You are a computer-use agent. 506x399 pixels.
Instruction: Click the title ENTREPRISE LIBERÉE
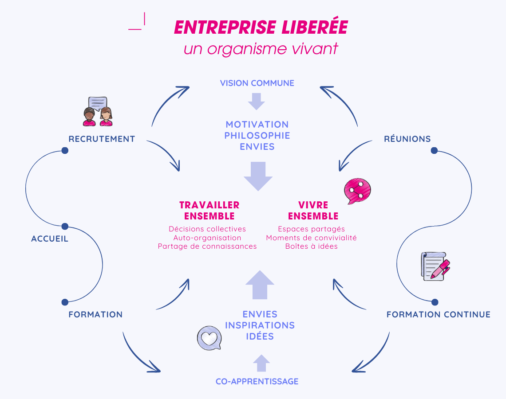point(261,27)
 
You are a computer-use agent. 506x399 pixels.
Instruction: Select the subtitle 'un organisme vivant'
point(261,48)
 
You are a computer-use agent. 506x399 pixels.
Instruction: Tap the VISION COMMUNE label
point(257,83)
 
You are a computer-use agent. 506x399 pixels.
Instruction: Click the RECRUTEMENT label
point(102,139)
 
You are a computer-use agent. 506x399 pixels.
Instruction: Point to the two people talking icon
point(98,112)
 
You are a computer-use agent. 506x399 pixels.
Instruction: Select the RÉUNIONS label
point(407,139)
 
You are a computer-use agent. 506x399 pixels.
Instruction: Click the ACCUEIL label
point(50,239)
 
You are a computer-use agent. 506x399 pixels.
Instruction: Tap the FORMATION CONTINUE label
point(438,314)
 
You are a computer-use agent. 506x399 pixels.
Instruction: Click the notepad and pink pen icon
point(435,266)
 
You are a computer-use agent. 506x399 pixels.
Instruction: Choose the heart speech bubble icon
point(209,338)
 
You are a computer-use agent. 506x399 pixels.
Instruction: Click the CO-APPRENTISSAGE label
point(257,381)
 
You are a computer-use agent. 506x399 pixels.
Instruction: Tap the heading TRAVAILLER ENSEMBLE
point(209,211)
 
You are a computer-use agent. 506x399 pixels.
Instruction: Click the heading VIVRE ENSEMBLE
point(313,211)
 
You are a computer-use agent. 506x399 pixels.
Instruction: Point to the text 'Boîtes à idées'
point(311,246)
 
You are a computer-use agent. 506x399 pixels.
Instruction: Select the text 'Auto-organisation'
point(207,238)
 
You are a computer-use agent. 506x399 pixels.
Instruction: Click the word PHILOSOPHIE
point(257,135)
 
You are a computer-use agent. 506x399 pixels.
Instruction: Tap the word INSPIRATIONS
point(260,325)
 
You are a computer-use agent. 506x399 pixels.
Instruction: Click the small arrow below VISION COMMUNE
point(257,101)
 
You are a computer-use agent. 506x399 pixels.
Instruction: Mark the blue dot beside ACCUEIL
point(65,226)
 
